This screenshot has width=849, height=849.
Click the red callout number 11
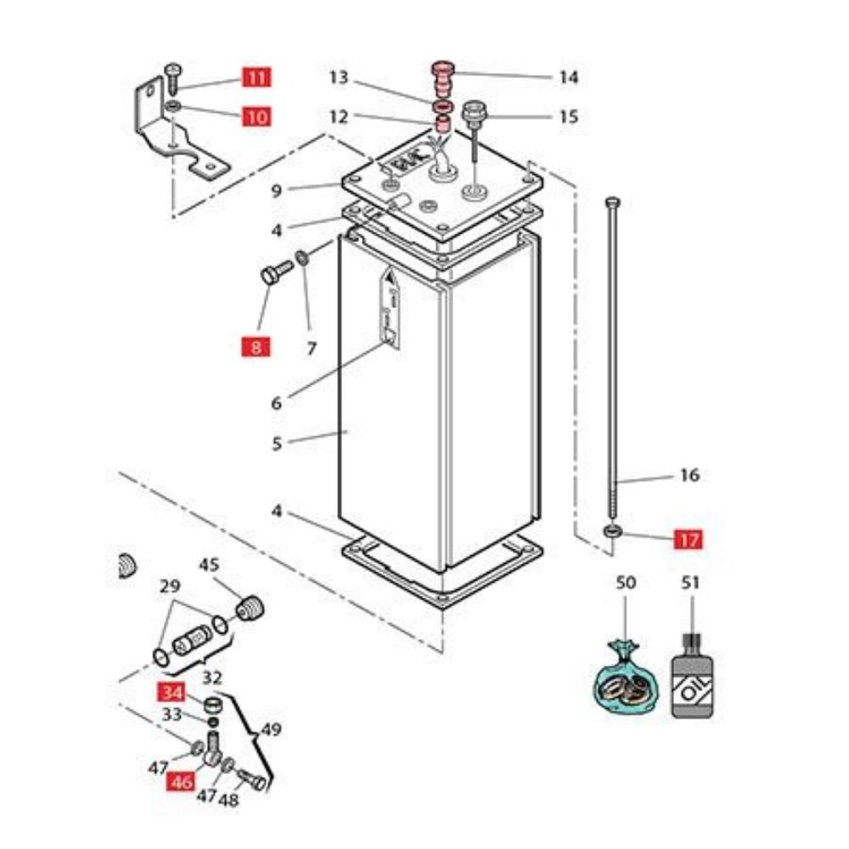click(256, 78)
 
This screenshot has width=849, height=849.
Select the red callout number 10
click(256, 115)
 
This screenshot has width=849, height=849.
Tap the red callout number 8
click(256, 346)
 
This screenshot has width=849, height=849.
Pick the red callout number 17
click(688, 539)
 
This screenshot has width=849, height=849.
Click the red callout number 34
click(172, 691)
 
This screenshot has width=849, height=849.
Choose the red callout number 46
click(181, 782)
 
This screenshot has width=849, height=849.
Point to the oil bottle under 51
click(691, 683)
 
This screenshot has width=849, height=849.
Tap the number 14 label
click(568, 78)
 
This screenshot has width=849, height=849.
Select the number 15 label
click(568, 115)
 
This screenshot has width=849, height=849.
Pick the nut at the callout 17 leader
click(613, 532)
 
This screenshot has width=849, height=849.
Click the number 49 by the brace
click(271, 728)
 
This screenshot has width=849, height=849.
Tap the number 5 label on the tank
click(277, 442)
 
